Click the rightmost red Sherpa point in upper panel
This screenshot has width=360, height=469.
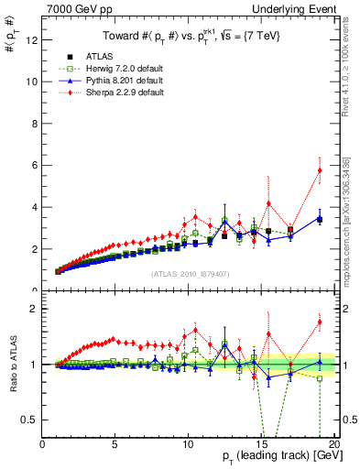pyautogui.click(x=320, y=170)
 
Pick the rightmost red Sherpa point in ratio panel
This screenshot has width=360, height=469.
pyautogui.click(x=320, y=322)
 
